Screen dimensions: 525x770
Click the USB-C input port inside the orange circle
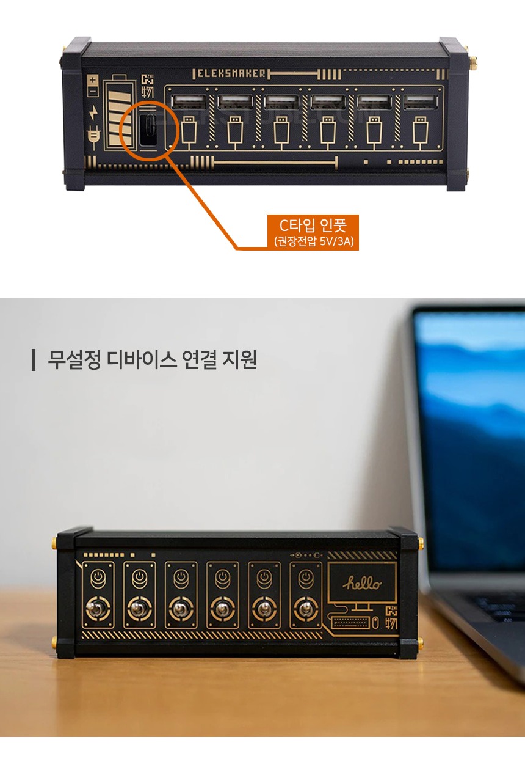(149, 130)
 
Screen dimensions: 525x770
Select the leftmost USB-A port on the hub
(189, 101)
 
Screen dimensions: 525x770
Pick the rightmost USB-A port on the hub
(421, 101)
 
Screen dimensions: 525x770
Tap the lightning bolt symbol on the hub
(93, 112)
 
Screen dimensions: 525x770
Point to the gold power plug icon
(93, 137)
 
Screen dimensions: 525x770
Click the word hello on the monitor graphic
(362, 583)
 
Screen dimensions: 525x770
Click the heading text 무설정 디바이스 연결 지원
(152, 360)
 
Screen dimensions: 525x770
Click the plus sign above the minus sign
(93, 80)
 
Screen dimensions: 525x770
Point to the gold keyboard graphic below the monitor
(350, 622)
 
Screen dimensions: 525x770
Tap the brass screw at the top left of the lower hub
(54, 543)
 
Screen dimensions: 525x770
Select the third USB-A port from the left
(281, 101)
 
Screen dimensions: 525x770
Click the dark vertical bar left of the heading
(34, 360)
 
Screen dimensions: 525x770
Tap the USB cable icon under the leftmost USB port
(189, 133)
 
